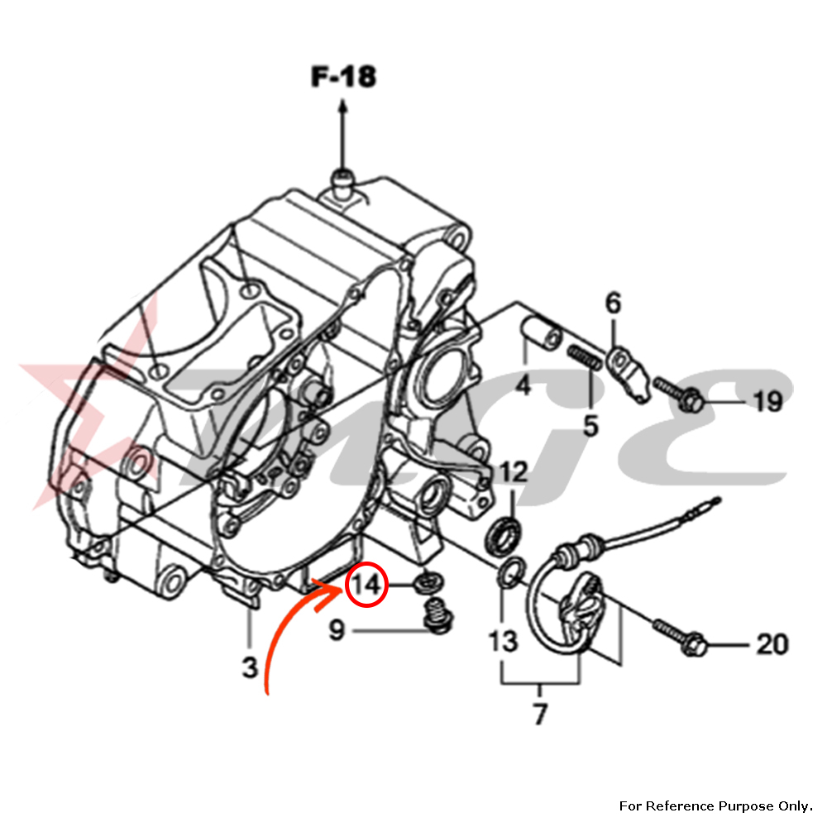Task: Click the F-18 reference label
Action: point(343,77)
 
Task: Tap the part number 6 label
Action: point(613,304)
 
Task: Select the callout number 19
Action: point(767,403)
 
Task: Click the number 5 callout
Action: point(590,426)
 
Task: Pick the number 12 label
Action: point(513,473)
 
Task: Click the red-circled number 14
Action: point(365,585)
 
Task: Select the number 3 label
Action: point(251,667)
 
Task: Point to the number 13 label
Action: point(503,641)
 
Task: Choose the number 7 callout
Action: point(540,713)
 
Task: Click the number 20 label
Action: point(772,643)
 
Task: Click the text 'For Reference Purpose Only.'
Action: point(715,805)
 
